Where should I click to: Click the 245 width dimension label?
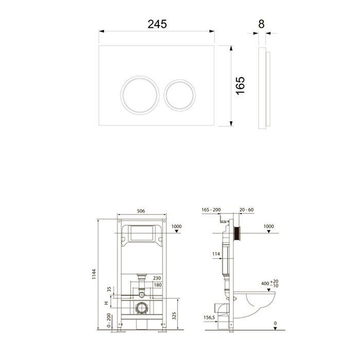[x=158, y=24]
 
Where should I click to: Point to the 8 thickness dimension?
[x=262, y=24]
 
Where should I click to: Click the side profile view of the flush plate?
[x=264, y=87]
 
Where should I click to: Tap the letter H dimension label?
[x=107, y=303]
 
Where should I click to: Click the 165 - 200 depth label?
[x=211, y=210]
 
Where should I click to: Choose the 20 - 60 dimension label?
[x=246, y=210]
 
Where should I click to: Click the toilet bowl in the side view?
[x=257, y=303]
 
